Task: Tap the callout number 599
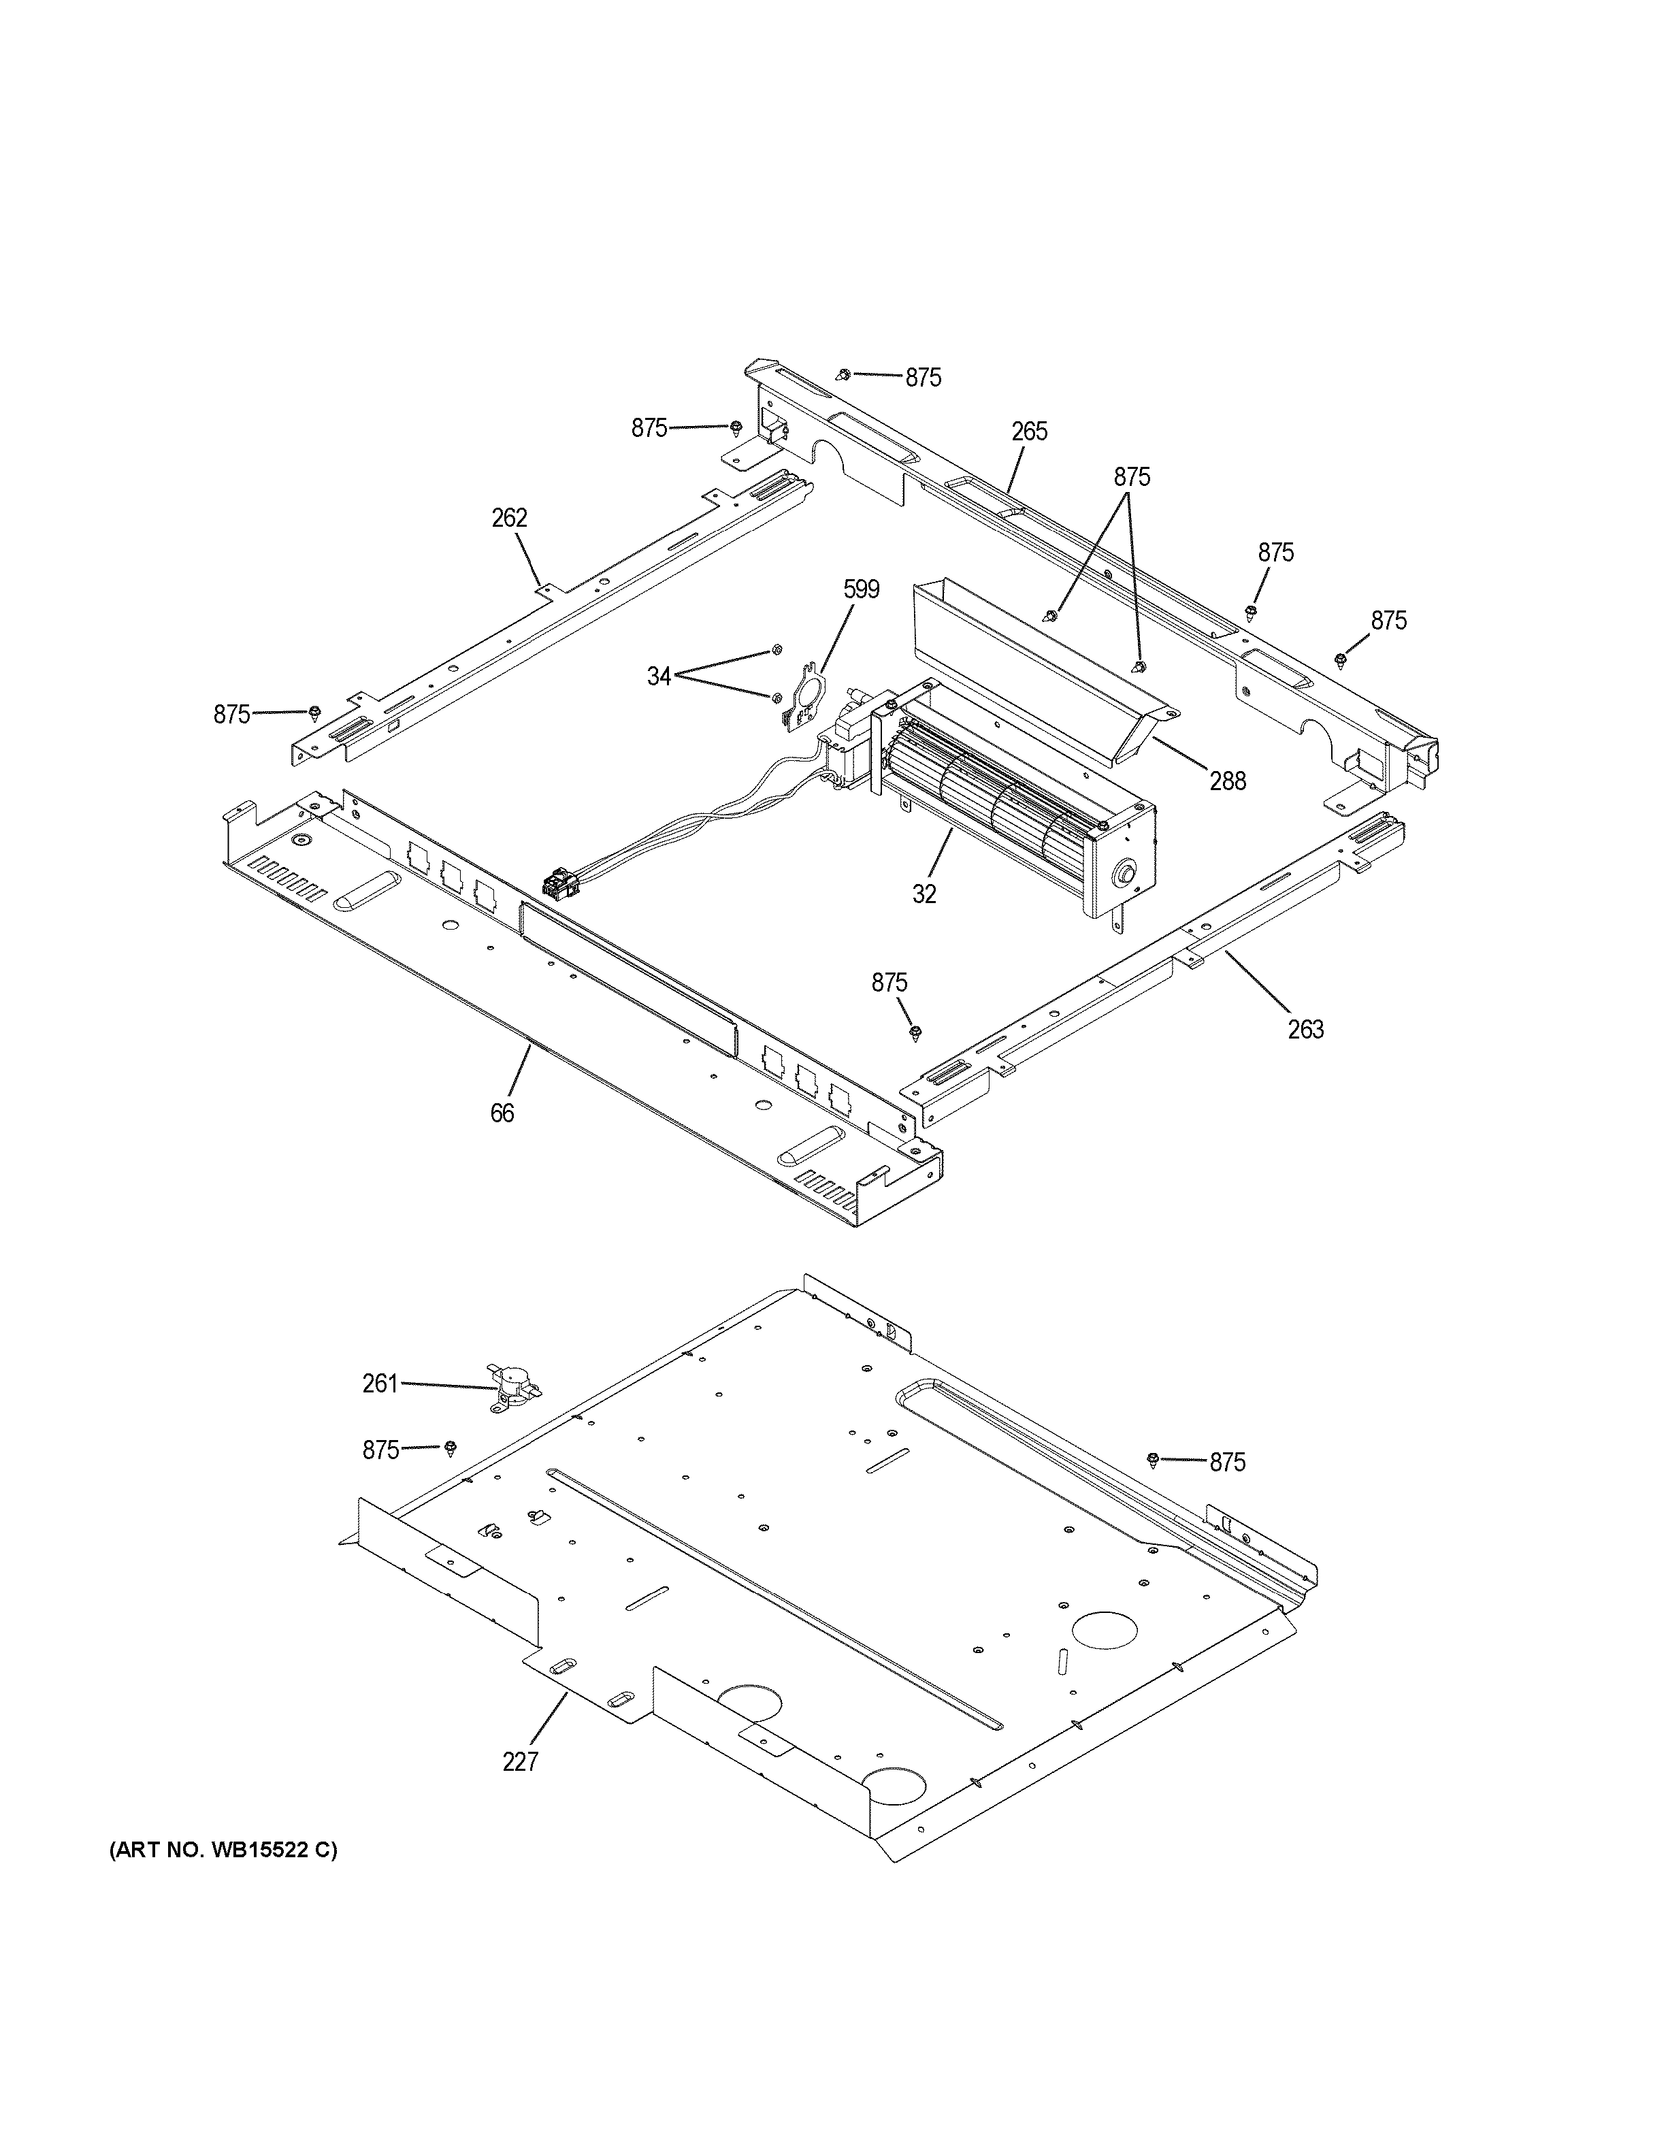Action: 861,589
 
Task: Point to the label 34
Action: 659,676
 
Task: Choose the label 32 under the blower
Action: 924,894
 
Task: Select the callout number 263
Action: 1305,1030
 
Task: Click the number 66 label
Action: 502,1113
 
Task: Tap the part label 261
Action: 380,1384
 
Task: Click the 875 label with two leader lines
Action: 1132,477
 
